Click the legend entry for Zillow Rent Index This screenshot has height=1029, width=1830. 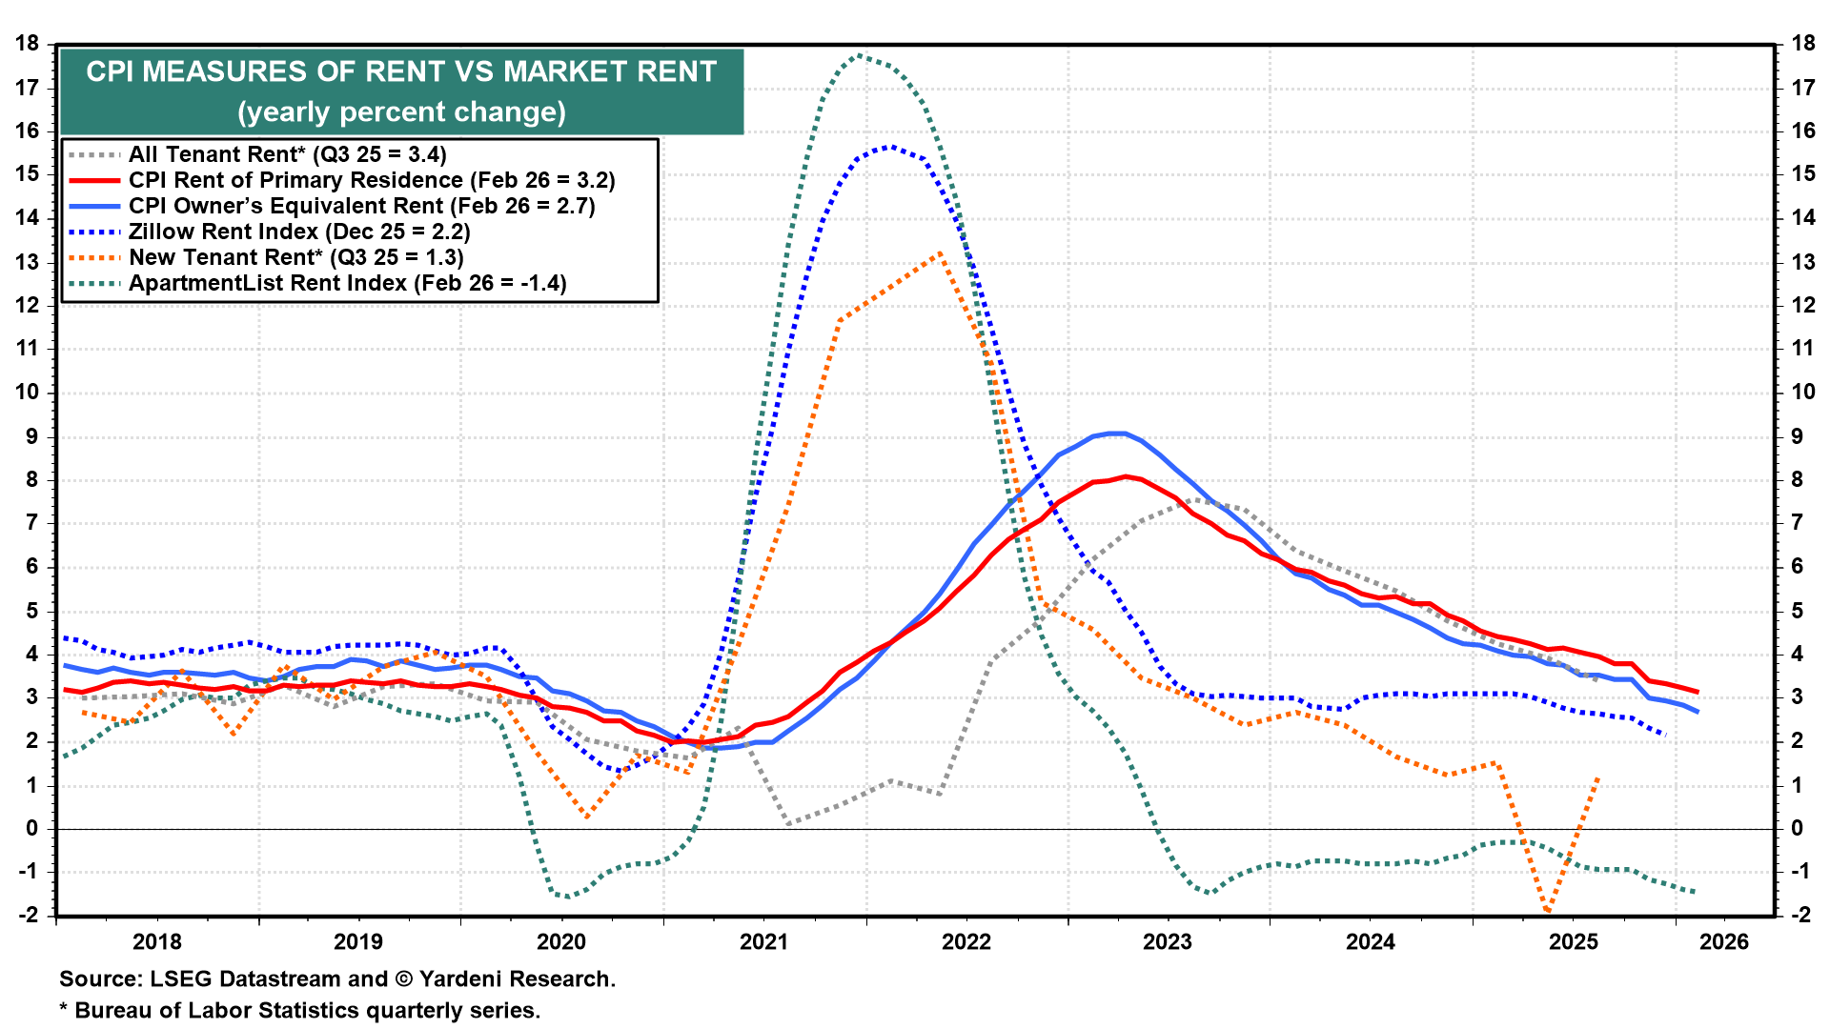pyautogui.click(x=299, y=232)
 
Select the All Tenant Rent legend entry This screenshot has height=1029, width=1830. pyautogui.click(x=287, y=154)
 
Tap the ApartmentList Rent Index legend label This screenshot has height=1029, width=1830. pyautogui.click(x=347, y=283)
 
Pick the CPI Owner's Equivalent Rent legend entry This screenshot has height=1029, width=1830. pyautogui.click(x=361, y=206)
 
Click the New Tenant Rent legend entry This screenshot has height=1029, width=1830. pyautogui.click(x=295, y=257)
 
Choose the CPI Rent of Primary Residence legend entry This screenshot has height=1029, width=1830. pyautogui.click(x=372, y=180)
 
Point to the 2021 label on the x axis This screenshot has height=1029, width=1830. pyautogui.click(x=763, y=942)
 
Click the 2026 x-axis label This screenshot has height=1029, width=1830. pyautogui.click(x=1724, y=942)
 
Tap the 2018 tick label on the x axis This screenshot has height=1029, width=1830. pyautogui.click(x=156, y=942)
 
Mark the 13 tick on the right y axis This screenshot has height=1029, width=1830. pyautogui.click(x=1802, y=261)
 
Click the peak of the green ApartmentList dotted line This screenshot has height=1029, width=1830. pyautogui.click(x=860, y=54)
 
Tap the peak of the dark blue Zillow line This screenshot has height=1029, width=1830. pyautogui.click(x=890, y=146)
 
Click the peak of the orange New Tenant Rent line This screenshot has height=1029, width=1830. pyautogui.click(x=940, y=253)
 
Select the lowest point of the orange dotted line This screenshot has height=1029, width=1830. pyautogui.click(x=1547, y=912)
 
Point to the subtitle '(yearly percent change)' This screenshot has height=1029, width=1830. pyautogui.click(x=401, y=112)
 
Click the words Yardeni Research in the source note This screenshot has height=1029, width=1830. pyautogui.click(x=516, y=979)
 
